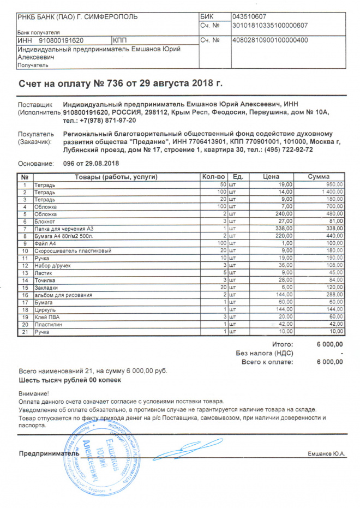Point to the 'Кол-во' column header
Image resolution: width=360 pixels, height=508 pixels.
[213, 177]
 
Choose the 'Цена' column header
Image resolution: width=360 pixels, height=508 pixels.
[271, 177]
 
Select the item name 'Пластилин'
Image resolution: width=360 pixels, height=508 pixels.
[47, 324]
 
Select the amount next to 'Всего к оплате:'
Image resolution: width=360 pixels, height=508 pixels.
[329, 362]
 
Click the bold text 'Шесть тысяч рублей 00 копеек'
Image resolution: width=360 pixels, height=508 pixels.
[70, 380]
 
